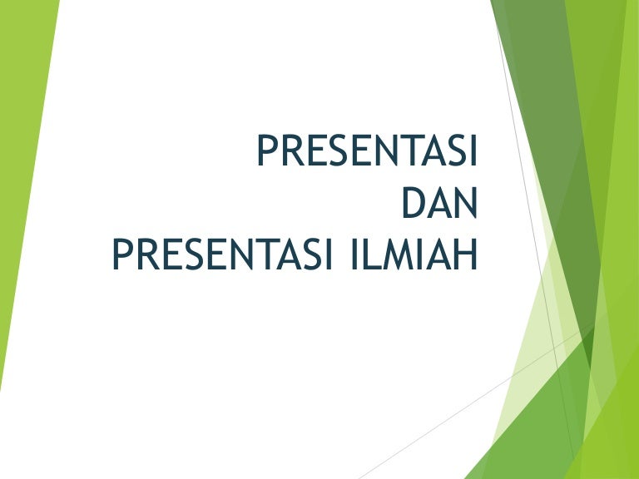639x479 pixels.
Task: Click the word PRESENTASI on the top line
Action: [x=367, y=151]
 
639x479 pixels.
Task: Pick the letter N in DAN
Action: [x=465, y=203]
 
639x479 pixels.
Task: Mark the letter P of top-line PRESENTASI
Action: [x=267, y=151]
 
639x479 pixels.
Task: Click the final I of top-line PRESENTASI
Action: [x=473, y=151]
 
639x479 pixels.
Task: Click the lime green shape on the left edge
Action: [x=21, y=166]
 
